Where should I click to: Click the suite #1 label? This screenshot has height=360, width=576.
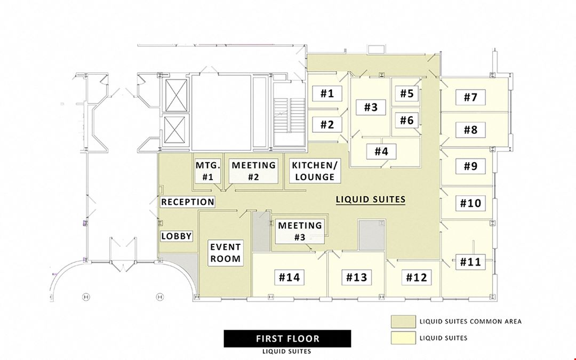pos(327,93)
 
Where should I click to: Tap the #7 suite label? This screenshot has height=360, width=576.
pos(470,98)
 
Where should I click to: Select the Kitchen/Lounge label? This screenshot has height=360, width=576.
pos(315,171)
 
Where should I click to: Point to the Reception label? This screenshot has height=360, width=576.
pos(188,202)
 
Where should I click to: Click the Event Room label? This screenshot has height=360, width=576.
pos(226,253)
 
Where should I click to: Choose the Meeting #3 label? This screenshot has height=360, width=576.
pos(300,231)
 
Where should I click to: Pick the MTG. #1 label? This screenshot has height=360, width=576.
pos(208,171)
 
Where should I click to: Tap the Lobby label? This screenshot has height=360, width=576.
pos(177,236)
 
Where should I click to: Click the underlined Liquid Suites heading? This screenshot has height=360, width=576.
pos(371,199)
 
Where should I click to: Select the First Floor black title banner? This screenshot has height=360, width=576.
pos(287,338)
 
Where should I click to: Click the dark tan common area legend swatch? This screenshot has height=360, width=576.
pos(403,322)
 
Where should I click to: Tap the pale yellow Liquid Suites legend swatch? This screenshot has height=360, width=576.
pos(403,338)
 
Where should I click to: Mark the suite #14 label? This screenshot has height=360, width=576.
pos(290,277)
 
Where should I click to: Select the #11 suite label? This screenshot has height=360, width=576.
pos(470,262)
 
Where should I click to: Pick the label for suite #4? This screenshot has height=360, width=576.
pos(381,151)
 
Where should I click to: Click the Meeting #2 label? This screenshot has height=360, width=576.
pos(253,171)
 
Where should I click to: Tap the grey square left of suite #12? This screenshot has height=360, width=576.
pos(372,235)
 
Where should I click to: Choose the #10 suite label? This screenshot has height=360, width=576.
pos(470,203)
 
